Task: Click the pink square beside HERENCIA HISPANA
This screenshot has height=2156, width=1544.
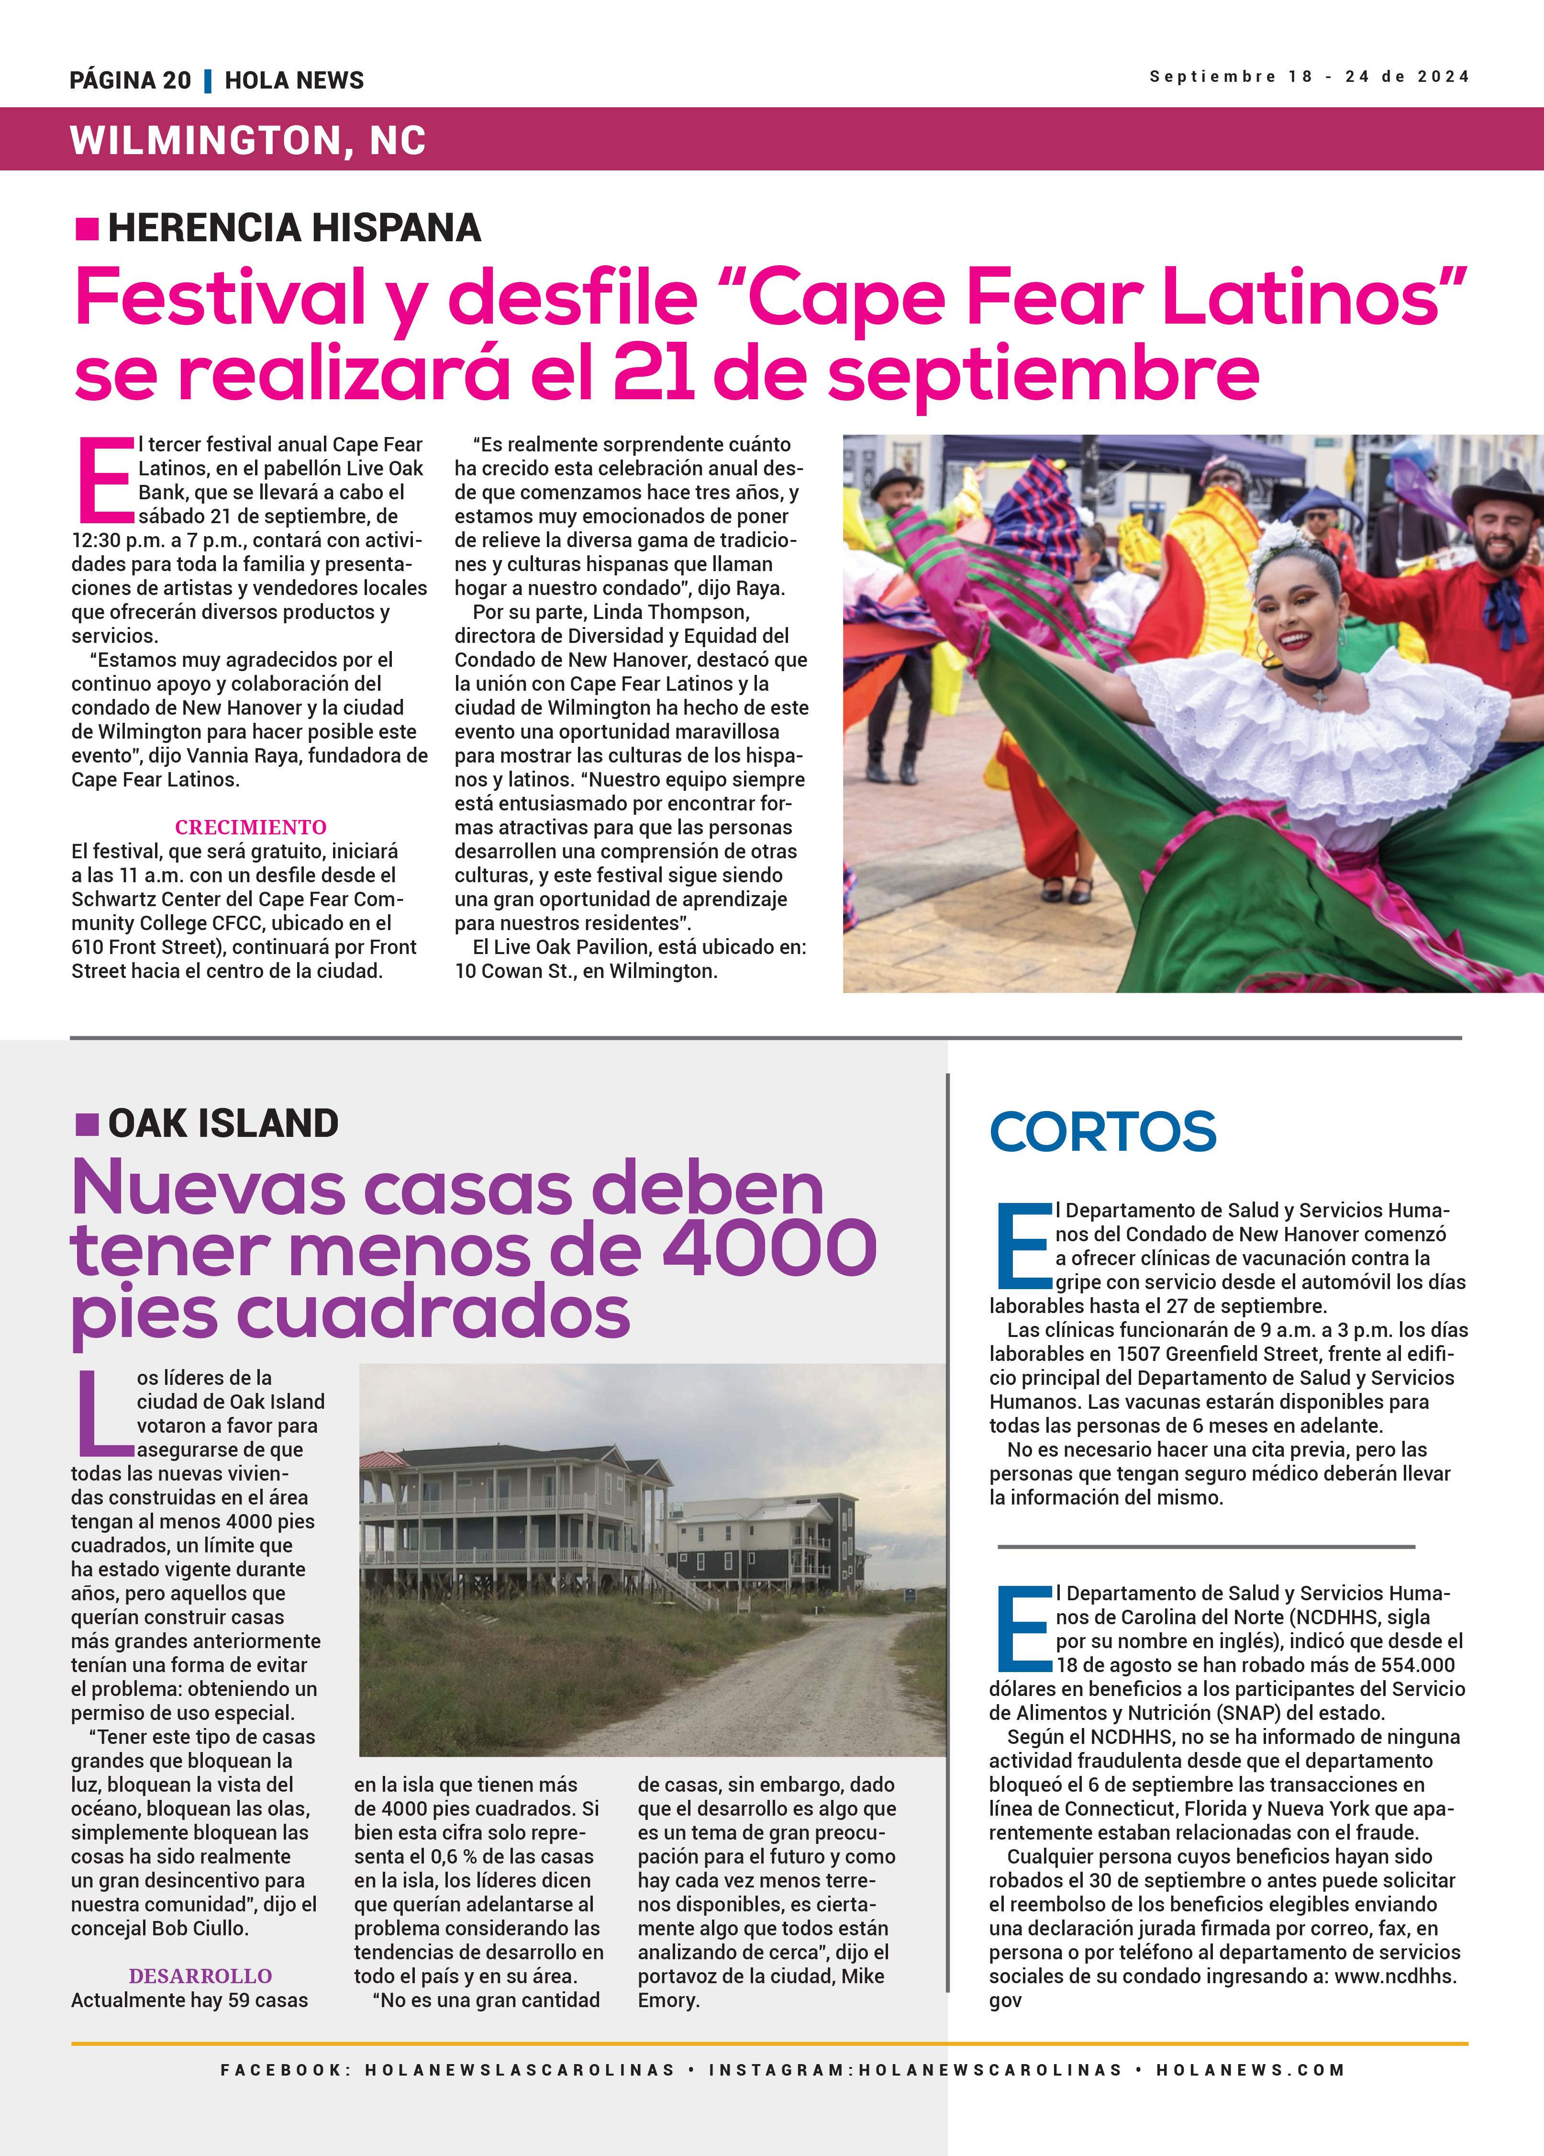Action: pos(87,228)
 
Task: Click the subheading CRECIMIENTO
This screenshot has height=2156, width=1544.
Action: pos(250,827)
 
